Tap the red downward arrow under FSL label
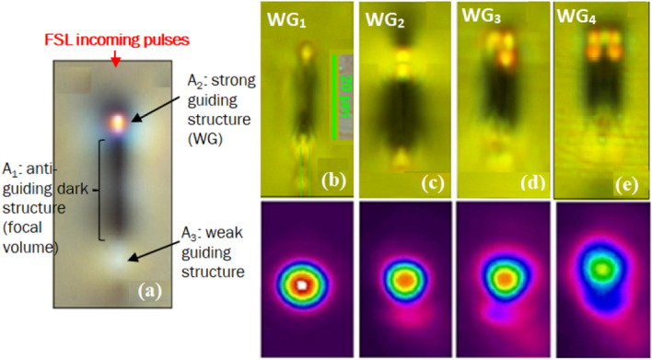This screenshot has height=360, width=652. click(x=114, y=59)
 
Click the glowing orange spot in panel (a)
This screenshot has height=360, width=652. click(x=118, y=121)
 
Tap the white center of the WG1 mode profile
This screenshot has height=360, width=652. click(x=303, y=285)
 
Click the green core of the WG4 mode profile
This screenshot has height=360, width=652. click(x=602, y=268)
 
